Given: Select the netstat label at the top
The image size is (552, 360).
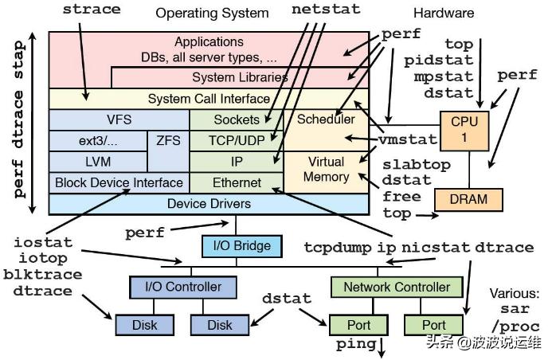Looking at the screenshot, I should point(326,10).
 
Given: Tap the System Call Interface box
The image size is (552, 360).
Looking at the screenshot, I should point(209,99).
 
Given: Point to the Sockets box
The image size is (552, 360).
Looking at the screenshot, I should point(237,119).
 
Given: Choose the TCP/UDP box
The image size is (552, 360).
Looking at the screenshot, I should point(237,140).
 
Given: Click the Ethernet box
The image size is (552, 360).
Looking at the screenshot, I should point(237,182).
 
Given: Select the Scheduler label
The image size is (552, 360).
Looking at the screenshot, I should point(325,119).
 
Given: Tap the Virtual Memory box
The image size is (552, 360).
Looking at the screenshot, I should point(326,170).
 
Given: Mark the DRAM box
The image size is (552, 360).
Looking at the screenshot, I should point(470,198).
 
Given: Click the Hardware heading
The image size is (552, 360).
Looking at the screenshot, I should point(444,13).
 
